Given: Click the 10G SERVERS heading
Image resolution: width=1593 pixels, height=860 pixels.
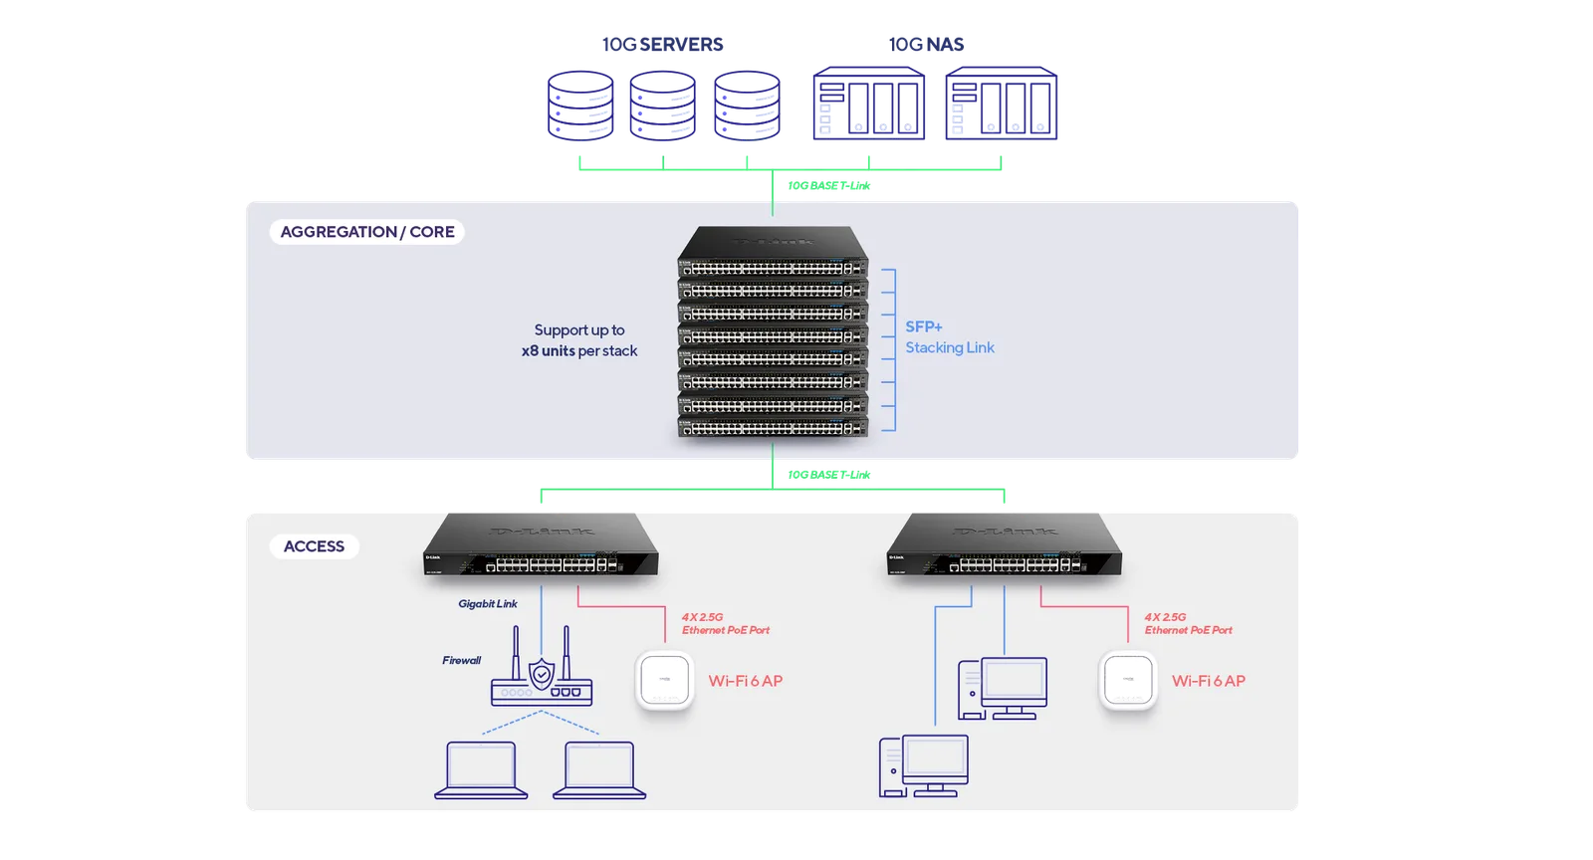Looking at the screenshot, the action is point(662,44).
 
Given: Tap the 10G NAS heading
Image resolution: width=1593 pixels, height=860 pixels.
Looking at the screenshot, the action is point(926,44).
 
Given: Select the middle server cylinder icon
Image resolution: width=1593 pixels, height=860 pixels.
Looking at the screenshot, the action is point(662,106).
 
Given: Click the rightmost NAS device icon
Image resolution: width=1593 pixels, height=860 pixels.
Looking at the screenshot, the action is point(1001,104).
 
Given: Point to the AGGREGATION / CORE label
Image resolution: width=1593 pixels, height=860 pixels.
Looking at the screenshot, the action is point(367,232).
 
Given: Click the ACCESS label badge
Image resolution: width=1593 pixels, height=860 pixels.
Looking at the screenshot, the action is point(314,545).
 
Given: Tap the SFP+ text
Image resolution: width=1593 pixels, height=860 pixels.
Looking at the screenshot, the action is point(924,326).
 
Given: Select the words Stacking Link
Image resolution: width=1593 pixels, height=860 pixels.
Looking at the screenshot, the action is point(950,347).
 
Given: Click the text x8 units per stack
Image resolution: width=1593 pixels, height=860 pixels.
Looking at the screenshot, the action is point(578,351).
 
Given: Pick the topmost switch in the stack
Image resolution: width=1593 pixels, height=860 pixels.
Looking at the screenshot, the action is point(773,252).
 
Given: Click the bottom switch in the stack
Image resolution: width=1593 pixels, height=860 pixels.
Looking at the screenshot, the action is point(773,427).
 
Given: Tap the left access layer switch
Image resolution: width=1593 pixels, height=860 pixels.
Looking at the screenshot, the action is point(541,544).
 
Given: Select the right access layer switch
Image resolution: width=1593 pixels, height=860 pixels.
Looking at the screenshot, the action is point(1005,544).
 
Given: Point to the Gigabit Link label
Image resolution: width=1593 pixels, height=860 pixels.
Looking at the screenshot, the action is point(487,603).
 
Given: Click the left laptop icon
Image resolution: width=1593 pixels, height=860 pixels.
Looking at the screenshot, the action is point(481,770).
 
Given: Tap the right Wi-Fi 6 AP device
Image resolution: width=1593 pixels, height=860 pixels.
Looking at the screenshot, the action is point(1128,680).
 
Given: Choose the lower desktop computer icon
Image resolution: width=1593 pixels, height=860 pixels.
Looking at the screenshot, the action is point(923,766).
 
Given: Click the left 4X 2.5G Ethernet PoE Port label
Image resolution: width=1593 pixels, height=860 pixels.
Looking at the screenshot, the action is point(726,623).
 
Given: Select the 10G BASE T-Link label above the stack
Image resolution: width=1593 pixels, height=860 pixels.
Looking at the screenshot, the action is point(828,185).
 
